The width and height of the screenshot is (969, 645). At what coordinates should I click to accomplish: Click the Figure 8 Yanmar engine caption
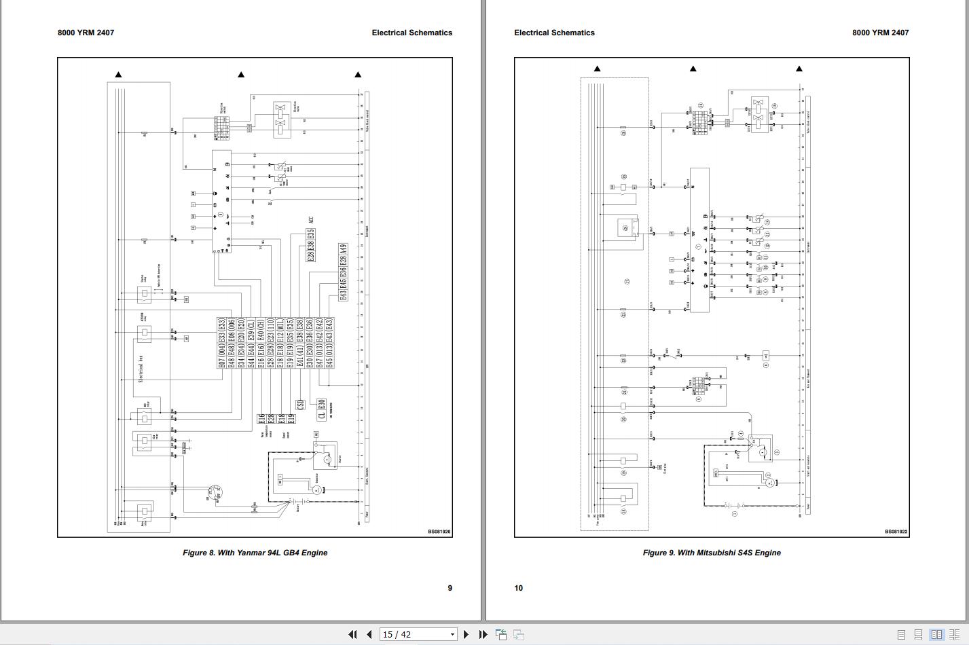[255, 553]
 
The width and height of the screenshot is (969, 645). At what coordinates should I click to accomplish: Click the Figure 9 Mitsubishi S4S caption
[712, 553]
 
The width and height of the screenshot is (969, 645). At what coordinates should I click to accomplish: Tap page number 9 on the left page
[450, 588]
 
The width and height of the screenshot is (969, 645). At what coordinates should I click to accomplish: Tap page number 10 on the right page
[519, 588]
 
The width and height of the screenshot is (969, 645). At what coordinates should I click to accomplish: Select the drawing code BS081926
[439, 532]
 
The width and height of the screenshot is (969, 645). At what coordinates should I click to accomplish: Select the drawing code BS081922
[896, 532]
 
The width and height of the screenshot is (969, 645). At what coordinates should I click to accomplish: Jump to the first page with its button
[352, 634]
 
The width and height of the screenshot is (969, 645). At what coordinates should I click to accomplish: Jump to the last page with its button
[483, 634]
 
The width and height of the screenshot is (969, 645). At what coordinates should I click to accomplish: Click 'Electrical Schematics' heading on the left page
[412, 33]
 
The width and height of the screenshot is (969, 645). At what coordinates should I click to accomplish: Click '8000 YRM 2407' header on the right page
[880, 33]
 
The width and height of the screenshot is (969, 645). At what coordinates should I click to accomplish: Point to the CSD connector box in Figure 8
[300, 405]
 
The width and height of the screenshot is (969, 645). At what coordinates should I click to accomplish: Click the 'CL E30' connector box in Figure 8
[321, 409]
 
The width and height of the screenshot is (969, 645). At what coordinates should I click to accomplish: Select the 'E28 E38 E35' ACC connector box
[310, 246]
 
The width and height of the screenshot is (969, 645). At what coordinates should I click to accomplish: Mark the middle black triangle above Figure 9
[693, 69]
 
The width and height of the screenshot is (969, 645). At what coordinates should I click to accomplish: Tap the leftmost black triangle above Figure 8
[118, 75]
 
